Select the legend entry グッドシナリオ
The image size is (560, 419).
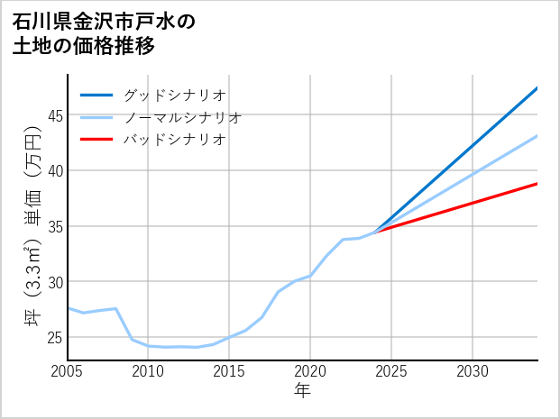point(174,95)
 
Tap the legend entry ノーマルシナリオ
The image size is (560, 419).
point(182,117)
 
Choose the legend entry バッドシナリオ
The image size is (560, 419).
point(174,140)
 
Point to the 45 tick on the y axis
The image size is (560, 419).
point(55,115)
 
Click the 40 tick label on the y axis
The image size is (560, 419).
point(55,170)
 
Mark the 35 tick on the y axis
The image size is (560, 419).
point(55,226)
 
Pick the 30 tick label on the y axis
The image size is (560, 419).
point(55,282)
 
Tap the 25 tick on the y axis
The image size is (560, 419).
point(55,338)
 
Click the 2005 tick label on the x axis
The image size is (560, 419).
point(68,371)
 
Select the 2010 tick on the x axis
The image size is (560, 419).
point(149,371)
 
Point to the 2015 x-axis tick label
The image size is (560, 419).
point(230,371)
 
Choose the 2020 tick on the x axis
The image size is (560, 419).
point(310,371)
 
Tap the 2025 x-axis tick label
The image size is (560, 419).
point(391,371)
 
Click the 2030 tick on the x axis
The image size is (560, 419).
point(473,371)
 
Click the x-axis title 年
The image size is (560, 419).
point(303,391)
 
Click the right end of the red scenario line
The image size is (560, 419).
point(537,184)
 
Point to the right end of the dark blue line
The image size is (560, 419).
point(537,88)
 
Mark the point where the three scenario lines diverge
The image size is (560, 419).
point(375,232)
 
